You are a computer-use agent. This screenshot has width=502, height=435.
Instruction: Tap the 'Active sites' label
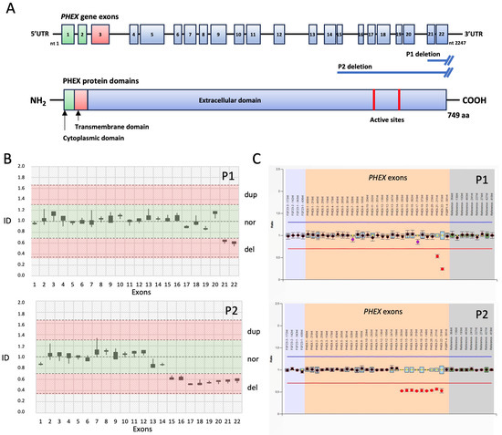click(388, 119)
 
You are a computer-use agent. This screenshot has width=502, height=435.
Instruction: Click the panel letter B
click(8, 159)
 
